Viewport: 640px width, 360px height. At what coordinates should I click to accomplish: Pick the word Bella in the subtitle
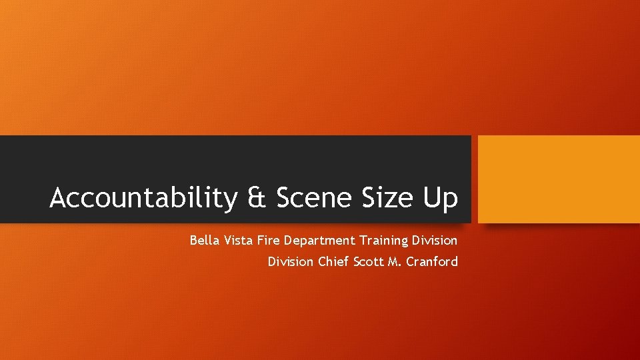203,240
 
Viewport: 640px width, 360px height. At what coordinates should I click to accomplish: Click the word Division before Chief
291,261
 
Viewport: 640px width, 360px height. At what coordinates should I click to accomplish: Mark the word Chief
332,261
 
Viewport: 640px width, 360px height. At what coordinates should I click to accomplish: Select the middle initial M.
392,261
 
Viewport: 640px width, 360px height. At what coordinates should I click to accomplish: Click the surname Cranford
431,261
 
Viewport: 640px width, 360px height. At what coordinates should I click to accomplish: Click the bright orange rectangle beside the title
559,179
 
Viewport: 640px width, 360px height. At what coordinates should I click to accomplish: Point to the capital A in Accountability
59,198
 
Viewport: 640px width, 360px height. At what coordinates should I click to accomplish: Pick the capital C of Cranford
407,261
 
